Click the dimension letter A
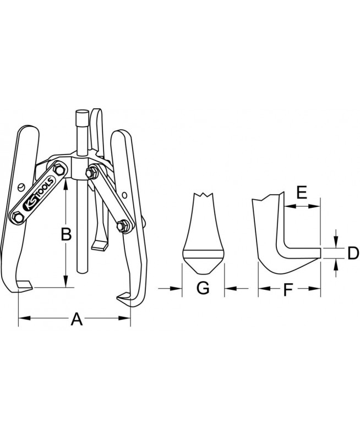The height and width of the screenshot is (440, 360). pos(77,319)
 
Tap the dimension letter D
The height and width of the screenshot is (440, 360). pos(353,253)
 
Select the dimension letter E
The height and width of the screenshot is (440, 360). pos(302,193)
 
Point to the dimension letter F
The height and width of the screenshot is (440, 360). pos(288,290)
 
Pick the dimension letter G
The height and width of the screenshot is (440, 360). pos(203,288)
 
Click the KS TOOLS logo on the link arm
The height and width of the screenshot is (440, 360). pos(39,194)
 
